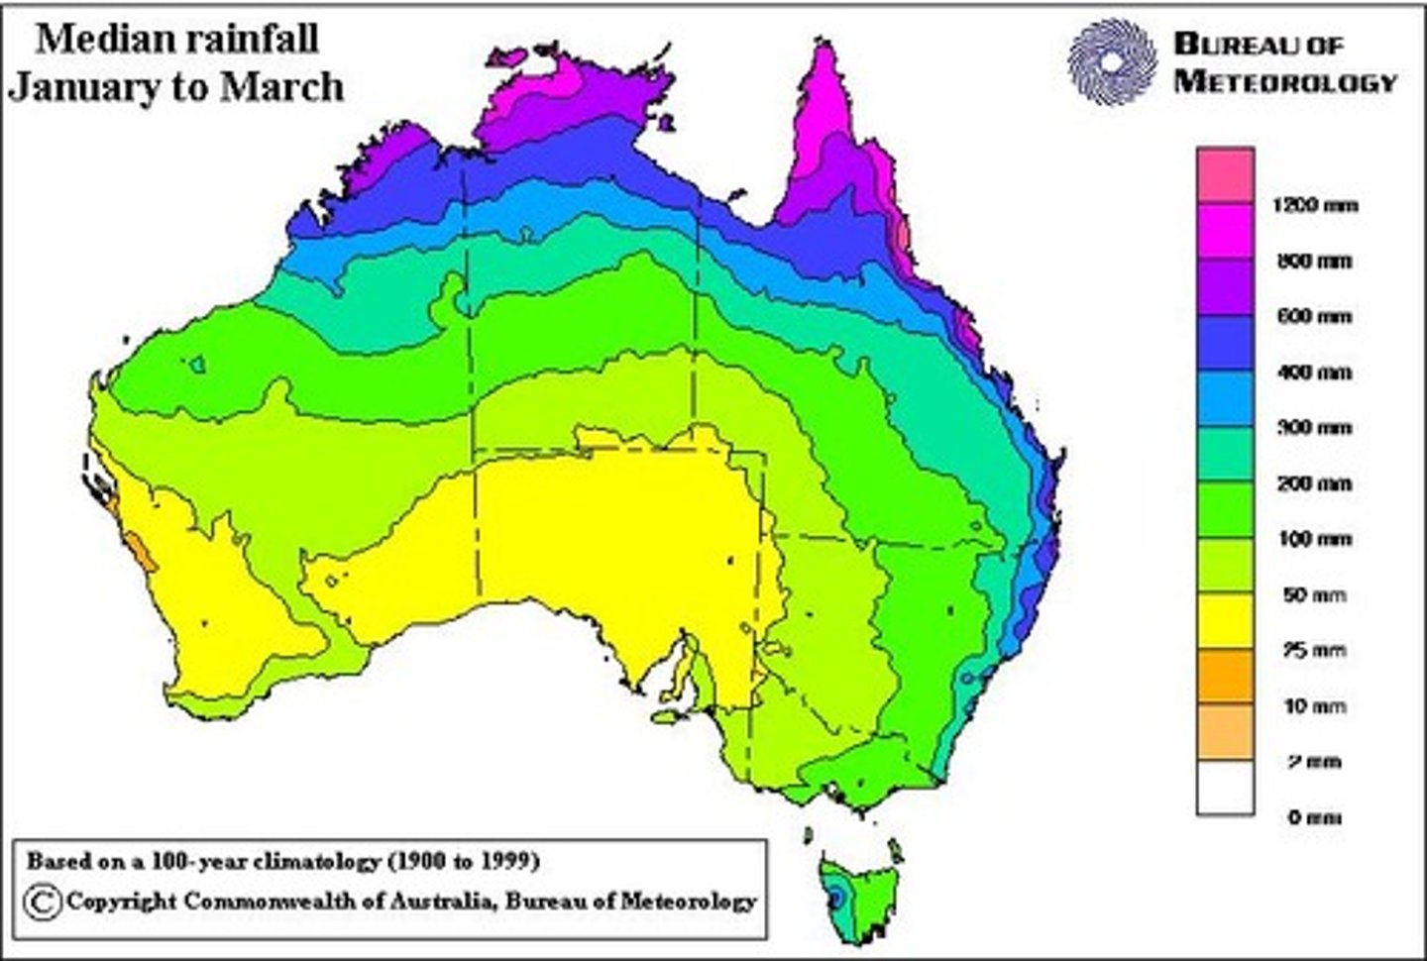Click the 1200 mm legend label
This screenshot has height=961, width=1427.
click(x=1313, y=206)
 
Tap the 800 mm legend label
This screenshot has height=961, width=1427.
click(x=1312, y=262)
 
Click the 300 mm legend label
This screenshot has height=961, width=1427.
click(x=1312, y=428)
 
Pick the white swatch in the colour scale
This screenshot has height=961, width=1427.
click(x=1225, y=788)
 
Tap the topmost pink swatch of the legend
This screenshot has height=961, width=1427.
click(x=1225, y=175)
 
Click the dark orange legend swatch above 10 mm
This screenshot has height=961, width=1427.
click(x=1225, y=677)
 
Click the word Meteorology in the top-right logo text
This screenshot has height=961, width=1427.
click(x=1285, y=81)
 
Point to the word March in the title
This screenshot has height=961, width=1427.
click(x=281, y=87)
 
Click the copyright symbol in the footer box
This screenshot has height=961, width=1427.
click(x=43, y=902)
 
